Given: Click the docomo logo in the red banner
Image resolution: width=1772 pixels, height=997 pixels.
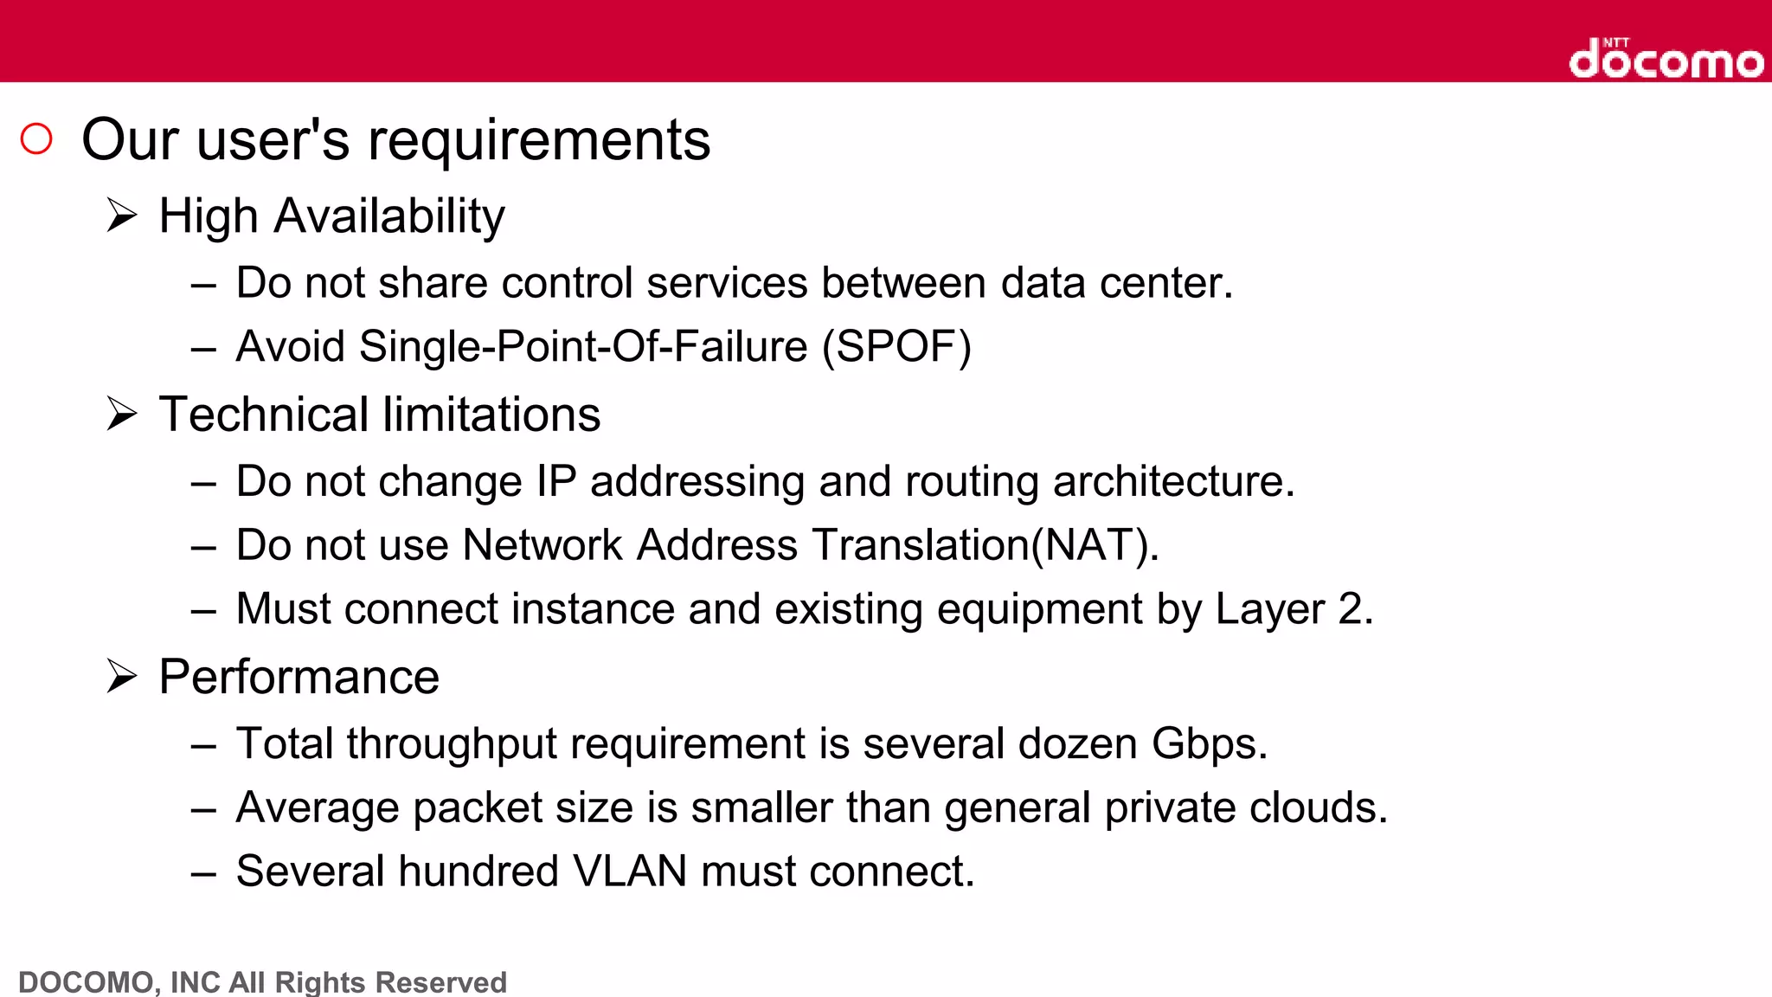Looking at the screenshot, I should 1666,59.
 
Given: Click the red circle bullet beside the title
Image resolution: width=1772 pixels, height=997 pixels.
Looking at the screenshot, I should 36,138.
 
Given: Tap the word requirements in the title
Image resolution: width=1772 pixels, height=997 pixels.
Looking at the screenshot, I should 538,140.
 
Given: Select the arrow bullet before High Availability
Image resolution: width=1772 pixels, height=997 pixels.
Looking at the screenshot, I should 122,215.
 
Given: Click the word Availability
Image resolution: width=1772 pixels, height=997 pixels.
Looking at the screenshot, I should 389,215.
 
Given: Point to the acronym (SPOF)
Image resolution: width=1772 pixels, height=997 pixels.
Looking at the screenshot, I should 896,347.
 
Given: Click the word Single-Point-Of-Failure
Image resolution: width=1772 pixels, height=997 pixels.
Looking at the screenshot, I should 583,347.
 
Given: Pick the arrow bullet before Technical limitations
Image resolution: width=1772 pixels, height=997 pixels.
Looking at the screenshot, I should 122,414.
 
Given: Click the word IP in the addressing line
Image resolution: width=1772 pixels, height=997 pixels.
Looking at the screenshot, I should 555,481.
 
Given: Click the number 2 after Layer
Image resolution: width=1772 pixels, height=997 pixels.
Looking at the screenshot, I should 1351,609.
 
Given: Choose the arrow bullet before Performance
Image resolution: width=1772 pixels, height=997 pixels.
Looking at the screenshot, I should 122,676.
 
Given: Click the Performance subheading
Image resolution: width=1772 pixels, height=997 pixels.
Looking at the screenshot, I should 299,677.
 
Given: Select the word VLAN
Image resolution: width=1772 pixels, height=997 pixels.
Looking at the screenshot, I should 630,872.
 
